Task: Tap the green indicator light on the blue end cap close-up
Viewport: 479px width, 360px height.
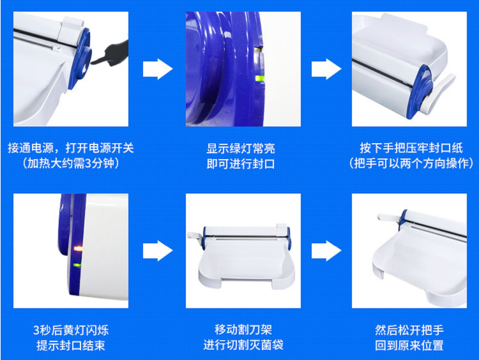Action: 260,78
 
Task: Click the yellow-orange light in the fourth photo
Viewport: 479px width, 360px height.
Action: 79,248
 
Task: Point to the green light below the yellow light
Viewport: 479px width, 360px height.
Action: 77,265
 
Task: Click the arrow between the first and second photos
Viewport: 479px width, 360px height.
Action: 158,69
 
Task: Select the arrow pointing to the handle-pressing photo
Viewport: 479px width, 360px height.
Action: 326,69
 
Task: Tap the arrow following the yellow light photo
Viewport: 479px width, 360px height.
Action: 158,251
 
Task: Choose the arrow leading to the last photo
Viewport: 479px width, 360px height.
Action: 326,251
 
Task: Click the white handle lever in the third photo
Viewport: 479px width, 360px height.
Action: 437,93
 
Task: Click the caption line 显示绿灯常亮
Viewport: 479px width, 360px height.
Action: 241,148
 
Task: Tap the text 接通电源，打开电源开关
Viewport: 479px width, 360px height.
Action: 71,148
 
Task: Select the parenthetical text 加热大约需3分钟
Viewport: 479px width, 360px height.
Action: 71,163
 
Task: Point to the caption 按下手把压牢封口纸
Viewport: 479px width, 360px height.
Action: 411,148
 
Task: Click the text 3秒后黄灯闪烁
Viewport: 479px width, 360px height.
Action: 71,330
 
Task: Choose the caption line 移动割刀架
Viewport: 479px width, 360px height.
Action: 243,329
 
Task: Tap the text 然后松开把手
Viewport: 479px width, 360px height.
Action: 409,330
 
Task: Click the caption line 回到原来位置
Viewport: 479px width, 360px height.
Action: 409,346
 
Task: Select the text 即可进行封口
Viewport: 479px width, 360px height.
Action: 241,164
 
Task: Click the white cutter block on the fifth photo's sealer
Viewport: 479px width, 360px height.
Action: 282,228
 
